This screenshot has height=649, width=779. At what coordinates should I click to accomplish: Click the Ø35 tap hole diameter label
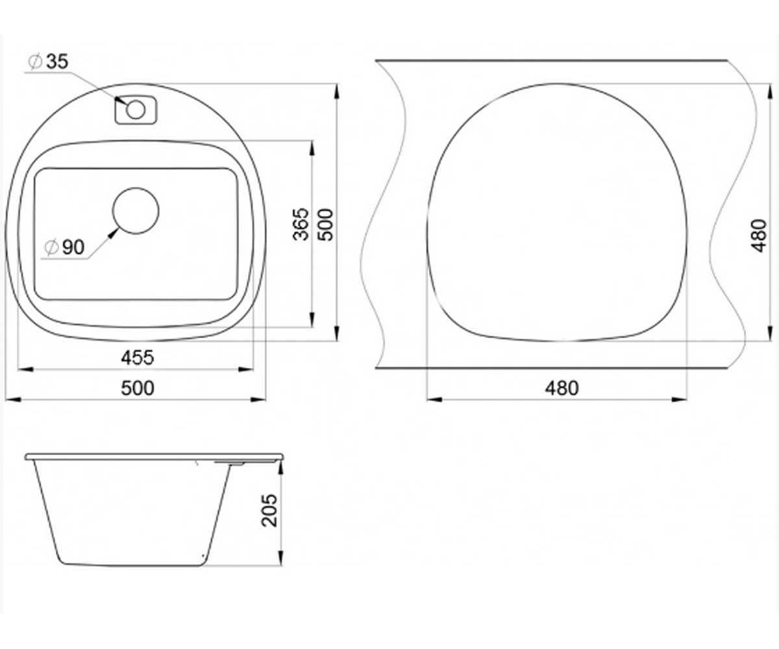(x=49, y=62)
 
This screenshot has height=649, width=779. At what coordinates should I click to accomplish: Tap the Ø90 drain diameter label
(x=64, y=247)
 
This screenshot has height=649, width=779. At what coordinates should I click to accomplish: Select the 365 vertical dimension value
(x=301, y=224)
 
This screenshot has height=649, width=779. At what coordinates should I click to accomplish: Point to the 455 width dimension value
(x=137, y=358)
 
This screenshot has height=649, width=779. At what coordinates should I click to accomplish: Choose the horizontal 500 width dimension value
(x=137, y=388)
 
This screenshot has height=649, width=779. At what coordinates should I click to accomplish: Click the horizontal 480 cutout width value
(x=562, y=388)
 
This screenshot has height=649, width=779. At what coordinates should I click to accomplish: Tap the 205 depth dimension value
(x=269, y=511)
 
